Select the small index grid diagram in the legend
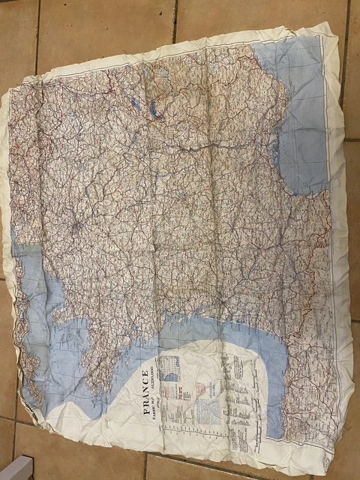(171, 369)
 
